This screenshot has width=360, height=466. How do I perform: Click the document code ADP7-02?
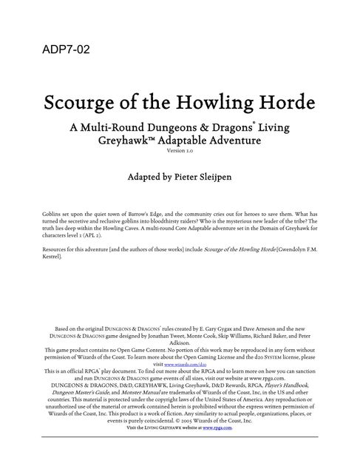[x=63, y=50]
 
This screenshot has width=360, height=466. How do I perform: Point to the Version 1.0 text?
[x=179, y=151]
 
